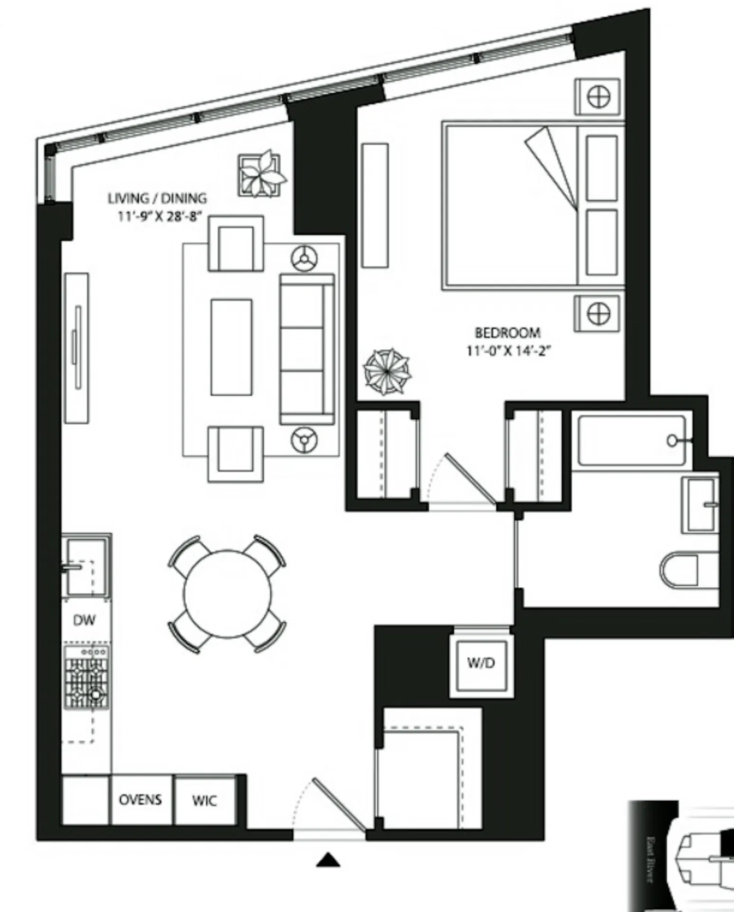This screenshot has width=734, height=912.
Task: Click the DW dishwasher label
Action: (x=84, y=620)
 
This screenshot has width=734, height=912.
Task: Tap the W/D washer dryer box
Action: (x=481, y=663)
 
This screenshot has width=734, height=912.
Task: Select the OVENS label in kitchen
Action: (x=140, y=799)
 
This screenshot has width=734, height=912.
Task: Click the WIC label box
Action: (x=205, y=800)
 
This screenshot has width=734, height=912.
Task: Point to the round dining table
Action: (x=227, y=594)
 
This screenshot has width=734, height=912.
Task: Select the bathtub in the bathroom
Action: (x=632, y=440)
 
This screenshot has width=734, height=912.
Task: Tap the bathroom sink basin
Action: (x=700, y=505)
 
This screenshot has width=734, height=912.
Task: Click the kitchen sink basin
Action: (x=86, y=566)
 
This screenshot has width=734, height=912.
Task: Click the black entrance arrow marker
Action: (x=328, y=860)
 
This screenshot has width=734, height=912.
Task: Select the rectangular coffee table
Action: (x=231, y=347)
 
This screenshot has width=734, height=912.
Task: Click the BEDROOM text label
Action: (x=507, y=332)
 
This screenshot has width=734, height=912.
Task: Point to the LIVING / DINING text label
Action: (x=157, y=198)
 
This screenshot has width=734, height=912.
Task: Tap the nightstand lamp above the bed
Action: (x=598, y=97)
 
